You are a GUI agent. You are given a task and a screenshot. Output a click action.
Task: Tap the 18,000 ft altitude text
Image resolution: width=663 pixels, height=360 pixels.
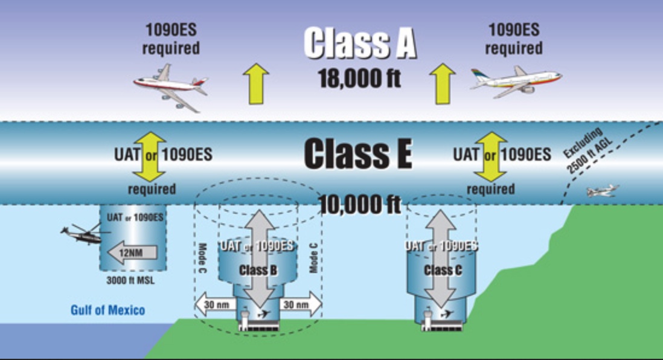[x=360, y=79]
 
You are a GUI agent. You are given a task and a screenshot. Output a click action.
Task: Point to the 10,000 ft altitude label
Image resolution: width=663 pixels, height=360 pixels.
[x=360, y=204]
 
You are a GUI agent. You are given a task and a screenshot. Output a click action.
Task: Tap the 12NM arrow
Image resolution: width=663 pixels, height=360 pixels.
[x=132, y=252]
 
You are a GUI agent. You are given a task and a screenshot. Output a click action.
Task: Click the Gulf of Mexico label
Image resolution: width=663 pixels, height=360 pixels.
[x=107, y=310]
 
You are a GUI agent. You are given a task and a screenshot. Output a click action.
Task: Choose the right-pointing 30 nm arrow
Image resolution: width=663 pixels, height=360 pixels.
[x=299, y=306]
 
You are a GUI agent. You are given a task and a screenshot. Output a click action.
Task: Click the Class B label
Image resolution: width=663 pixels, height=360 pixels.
[x=258, y=270]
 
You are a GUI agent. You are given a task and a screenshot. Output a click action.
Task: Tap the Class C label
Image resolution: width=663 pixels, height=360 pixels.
[x=443, y=270]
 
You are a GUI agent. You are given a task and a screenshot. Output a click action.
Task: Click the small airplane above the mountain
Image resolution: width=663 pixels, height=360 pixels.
[x=602, y=191]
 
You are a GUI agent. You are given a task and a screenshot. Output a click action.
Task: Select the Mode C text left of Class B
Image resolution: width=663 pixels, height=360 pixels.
[x=203, y=259]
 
